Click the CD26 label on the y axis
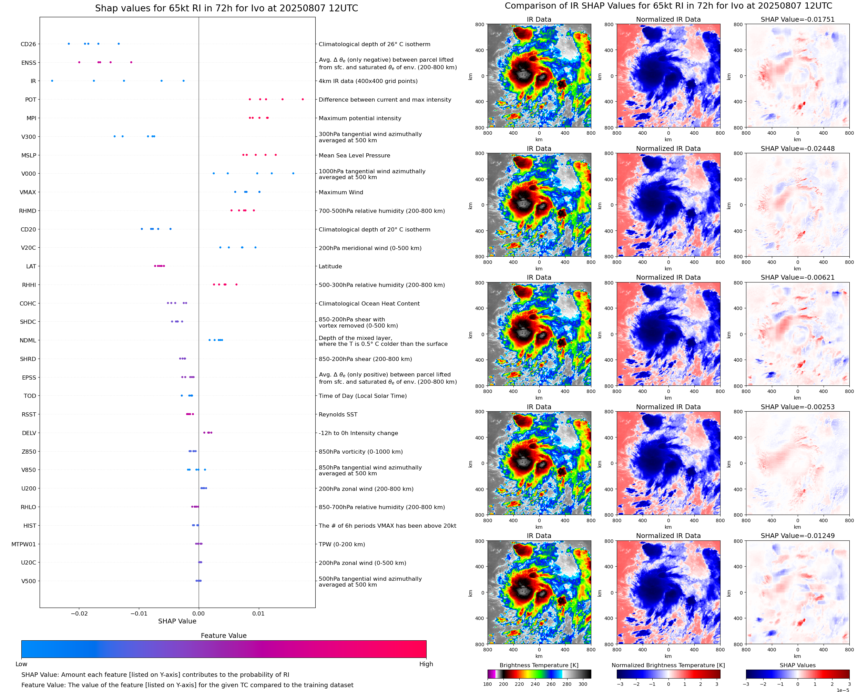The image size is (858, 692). click(x=28, y=44)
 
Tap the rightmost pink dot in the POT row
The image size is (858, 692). click(x=303, y=99)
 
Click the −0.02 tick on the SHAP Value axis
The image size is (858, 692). click(x=79, y=613)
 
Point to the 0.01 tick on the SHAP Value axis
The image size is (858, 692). click(x=258, y=613)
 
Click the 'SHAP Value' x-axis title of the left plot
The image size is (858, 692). click(x=177, y=621)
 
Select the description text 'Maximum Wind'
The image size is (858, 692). click(x=341, y=192)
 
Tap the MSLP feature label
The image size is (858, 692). click(x=28, y=155)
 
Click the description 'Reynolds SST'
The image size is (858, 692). click(x=338, y=415)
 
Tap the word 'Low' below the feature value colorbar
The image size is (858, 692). click(x=21, y=664)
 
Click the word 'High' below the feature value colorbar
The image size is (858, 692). click(x=426, y=664)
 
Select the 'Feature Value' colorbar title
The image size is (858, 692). click(x=224, y=636)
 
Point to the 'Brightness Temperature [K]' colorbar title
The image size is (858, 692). click(x=539, y=665)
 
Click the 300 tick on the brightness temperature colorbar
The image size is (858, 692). click(x=583, y=684)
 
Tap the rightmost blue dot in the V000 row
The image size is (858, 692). click(x=293, y=173)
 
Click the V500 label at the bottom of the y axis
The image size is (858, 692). click(x=28, y=581)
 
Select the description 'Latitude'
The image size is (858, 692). click(x=330, y=266)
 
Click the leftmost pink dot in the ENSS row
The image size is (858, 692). click(x=79, y=62)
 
